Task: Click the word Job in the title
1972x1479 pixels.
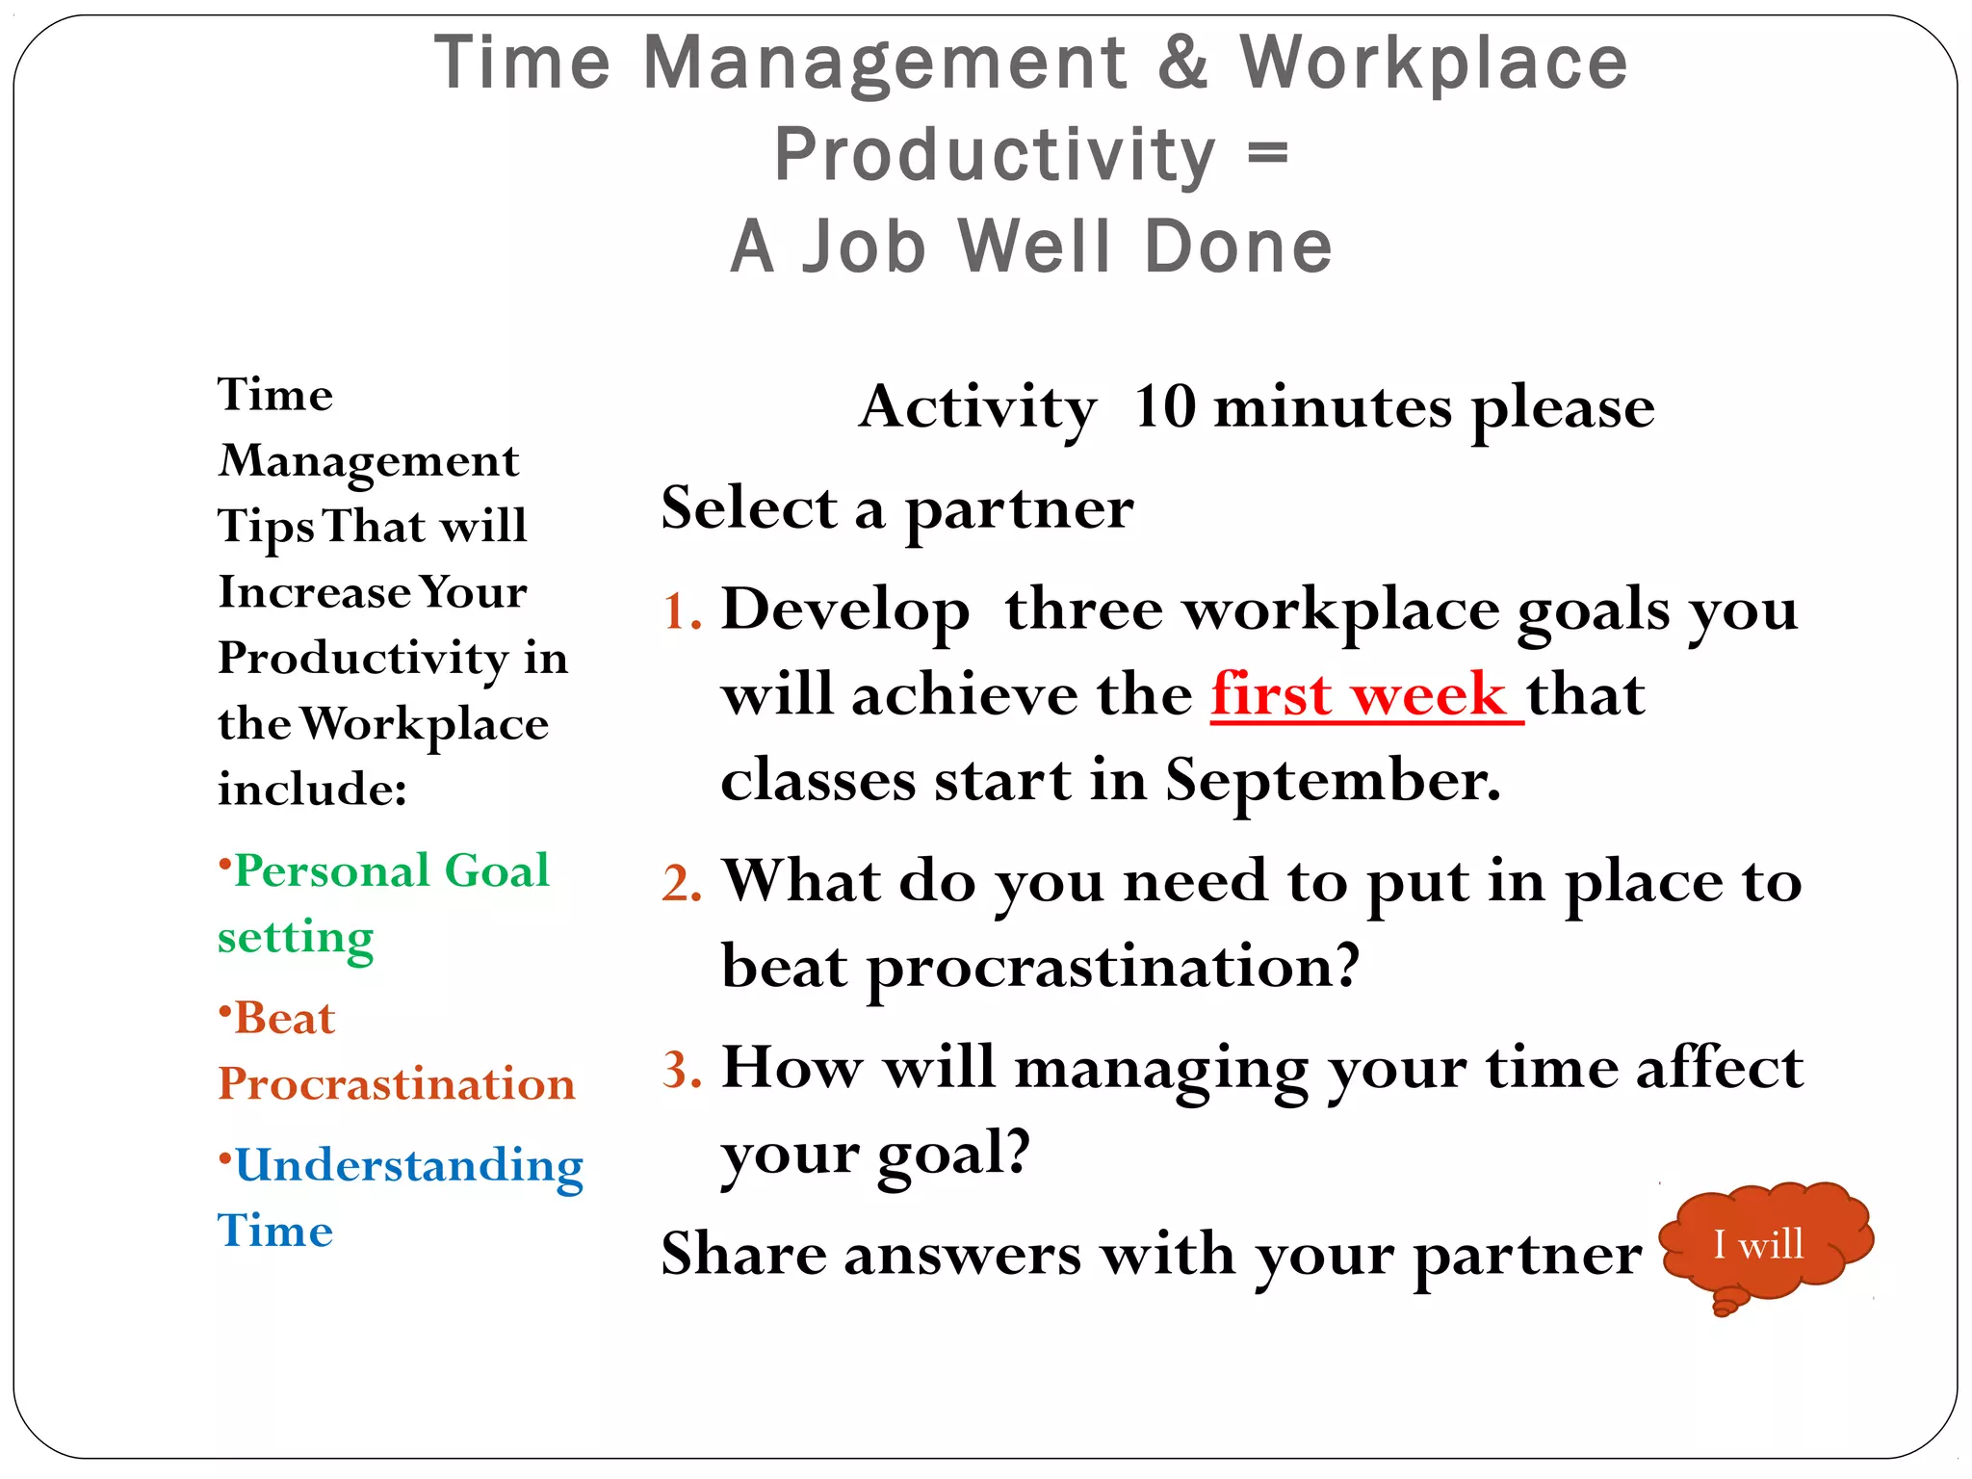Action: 864,246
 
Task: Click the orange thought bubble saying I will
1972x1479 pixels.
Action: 1764,1244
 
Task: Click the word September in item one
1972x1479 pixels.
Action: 1333,780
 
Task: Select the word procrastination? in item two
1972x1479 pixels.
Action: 1112,967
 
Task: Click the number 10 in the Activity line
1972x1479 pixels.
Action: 1164,407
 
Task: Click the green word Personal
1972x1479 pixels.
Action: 331,870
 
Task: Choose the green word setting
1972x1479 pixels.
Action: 296,938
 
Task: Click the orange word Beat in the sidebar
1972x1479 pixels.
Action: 284,1019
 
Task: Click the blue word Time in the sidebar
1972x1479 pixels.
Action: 275,1232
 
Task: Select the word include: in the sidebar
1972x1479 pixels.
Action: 312,790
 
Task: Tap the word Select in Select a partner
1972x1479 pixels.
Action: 749,507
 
